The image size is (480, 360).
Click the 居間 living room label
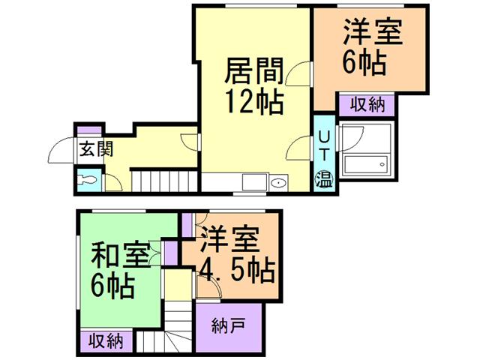pos(255,72)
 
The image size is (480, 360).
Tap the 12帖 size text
pos(255,100)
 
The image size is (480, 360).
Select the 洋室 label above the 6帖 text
pos(373,33)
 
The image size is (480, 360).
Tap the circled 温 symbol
pos(324,178)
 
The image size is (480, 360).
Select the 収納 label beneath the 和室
pos(106,340)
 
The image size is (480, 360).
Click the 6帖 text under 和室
pos(115,286)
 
